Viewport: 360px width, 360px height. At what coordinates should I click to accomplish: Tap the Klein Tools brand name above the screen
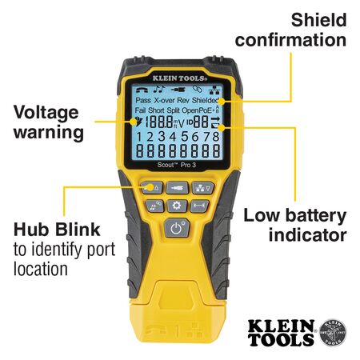click(x=180, y=78)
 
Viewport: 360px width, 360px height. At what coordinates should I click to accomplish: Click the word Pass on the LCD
click(x=142, y=102)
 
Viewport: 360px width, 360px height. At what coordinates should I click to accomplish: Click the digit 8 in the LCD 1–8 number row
click(x=216, y=138)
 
